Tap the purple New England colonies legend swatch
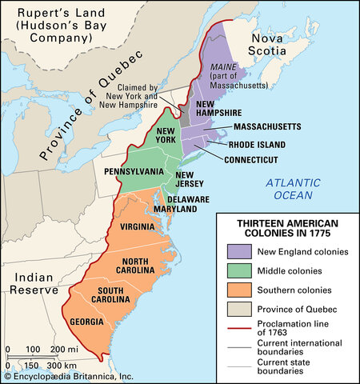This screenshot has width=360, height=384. point(239,251)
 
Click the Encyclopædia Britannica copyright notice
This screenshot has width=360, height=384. point(68,375)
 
